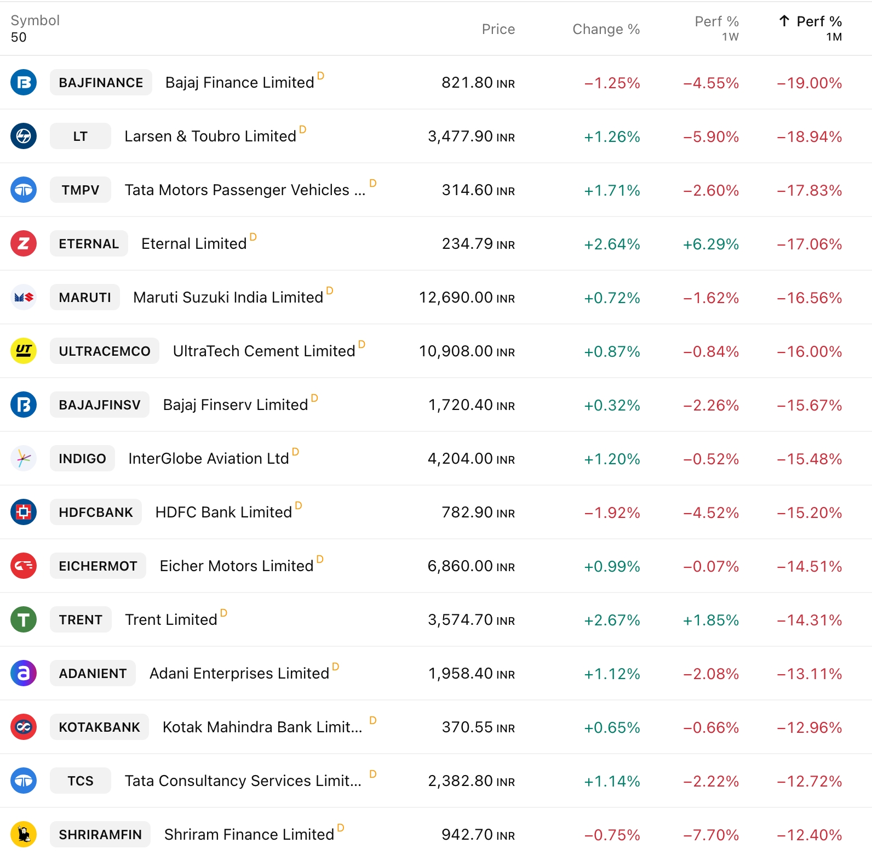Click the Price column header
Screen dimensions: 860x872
[x=498, y=29]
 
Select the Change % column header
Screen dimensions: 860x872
[x=606, y=29]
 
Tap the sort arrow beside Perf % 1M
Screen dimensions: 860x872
[x=784, y=21]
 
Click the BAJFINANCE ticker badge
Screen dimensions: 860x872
[x=101, y=83]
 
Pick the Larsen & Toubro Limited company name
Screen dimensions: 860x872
[x=210, y=136]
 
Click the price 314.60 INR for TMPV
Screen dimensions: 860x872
[x=478, y=190]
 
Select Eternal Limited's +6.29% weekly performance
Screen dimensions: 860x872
[x=710, y=244]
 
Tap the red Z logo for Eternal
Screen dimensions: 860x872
[x=24, y=243]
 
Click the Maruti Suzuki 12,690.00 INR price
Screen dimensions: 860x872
[x=467, y=298]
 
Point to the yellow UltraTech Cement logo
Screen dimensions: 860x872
[x=24, y=351]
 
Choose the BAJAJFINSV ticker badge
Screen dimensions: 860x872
[x=100, y=405]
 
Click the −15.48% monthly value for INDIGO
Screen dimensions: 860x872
[x=809, y=459]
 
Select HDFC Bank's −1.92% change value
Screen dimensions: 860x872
[x=612, y=512]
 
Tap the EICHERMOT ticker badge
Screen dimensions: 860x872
[x=98, y=566]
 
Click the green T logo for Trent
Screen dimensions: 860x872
[x=24, y=619]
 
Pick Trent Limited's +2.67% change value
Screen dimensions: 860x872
[x=612, y=620]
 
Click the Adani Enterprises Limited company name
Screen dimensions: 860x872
[x=239, y=674]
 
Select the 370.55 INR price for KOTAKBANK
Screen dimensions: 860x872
[x=478, y=727]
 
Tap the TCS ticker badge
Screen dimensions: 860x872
[x=81, y=781]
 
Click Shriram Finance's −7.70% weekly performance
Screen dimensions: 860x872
[x=710, y=835]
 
